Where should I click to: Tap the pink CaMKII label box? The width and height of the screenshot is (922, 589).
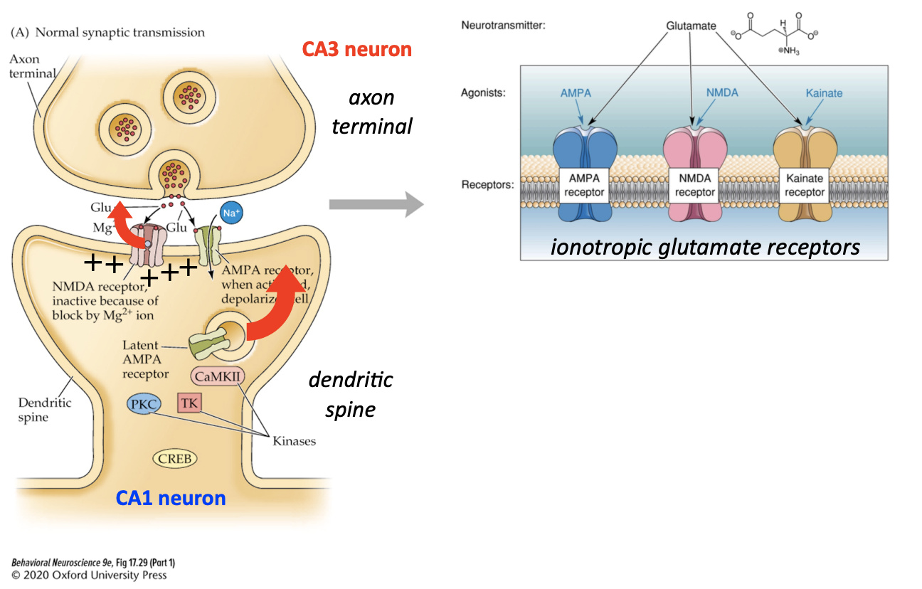click(215, 375)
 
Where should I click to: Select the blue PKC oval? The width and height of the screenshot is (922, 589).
click(144, 405)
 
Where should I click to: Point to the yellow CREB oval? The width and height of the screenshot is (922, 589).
click(174, 459)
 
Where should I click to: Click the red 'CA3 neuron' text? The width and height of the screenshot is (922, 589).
click(356, 49)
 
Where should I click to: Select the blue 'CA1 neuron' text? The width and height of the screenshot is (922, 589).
click(171, 498)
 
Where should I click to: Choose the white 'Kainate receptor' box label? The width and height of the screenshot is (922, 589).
click(805, 186)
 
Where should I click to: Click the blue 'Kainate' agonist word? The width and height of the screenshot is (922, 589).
click(824, 93)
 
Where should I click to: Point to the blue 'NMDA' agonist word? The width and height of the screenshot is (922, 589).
click(722, 92)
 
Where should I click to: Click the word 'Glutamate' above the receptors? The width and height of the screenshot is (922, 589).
click(691, 26)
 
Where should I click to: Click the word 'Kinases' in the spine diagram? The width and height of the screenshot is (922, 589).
click(294, 441)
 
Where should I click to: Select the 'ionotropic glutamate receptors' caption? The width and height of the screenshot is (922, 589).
click(705, 247)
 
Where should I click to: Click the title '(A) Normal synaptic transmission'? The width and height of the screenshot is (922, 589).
click(107, 32)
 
